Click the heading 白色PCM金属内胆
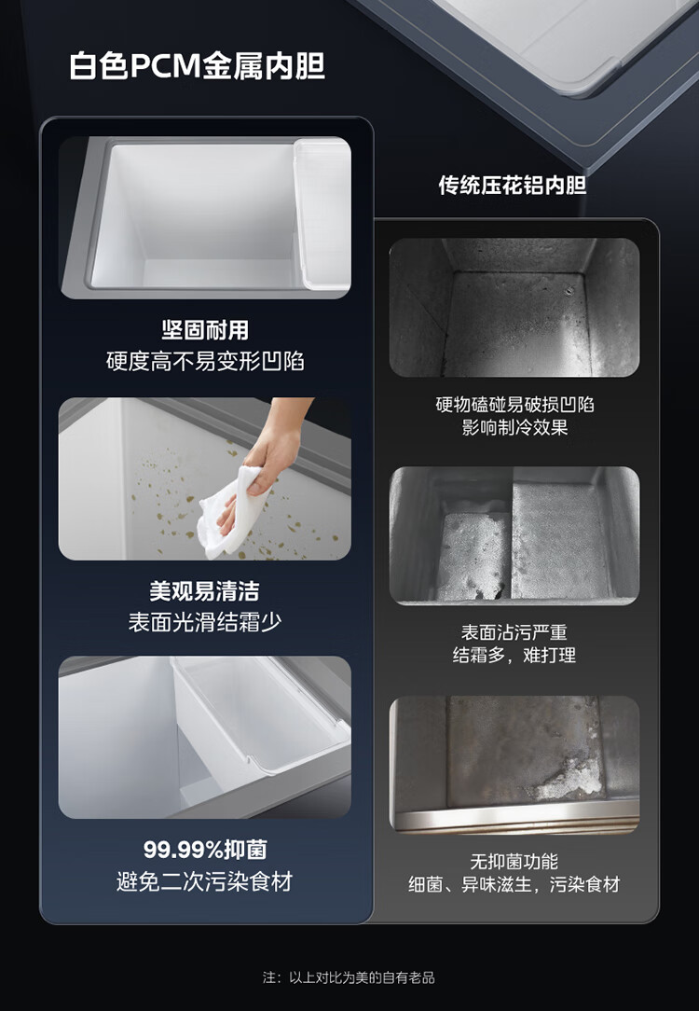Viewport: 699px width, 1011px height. (198, 66)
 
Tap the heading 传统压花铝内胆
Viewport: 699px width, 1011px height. (513, 185)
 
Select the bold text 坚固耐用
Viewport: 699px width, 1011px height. (205, 330)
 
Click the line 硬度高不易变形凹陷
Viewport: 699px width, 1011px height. (205, 361)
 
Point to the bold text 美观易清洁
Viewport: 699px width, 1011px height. (205, 590)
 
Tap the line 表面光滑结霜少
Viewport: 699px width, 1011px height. (205, 621)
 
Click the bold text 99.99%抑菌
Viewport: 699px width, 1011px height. (205, 849)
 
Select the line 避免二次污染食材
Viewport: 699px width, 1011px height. (205, 880)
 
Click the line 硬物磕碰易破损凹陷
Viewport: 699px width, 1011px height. (514, 404)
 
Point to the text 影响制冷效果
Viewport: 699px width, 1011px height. (514, 427)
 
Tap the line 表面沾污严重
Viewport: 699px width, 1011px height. (514, 632)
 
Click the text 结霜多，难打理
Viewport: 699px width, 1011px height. (514, 655)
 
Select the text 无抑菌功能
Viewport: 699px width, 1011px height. (514, 861)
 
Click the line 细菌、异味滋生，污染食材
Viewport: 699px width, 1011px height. (514, 884)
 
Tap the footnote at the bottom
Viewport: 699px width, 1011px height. (349, 977)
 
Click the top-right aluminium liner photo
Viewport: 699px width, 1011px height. (514, 307)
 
